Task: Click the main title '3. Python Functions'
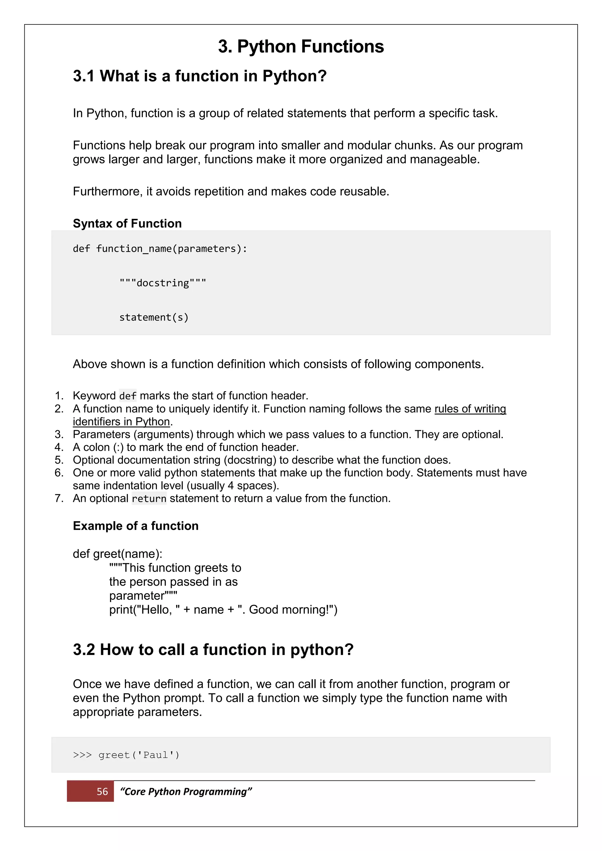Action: click(301, 47)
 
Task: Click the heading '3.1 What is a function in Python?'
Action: click(199, 76)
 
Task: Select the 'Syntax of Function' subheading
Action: click(127, 224)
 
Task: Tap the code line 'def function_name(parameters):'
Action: click(160, 249)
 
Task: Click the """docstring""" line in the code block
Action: click(162, 283)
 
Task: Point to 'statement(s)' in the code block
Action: click(154, 317)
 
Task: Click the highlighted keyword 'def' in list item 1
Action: click(128, 396)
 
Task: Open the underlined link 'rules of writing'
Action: click(470, 408)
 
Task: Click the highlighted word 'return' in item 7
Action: click(149, 498)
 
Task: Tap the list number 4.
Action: click(59, 447)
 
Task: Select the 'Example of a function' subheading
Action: click(136, 526)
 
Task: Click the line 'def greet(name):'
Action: click(118, 554)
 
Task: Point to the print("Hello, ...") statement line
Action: click(223, 609)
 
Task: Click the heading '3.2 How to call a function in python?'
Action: click(213, 650)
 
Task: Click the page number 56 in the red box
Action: click(102, 792)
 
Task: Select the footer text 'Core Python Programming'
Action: click(186, 792)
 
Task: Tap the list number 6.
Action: click(59, 473)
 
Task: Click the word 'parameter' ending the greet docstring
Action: click(137, 596)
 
